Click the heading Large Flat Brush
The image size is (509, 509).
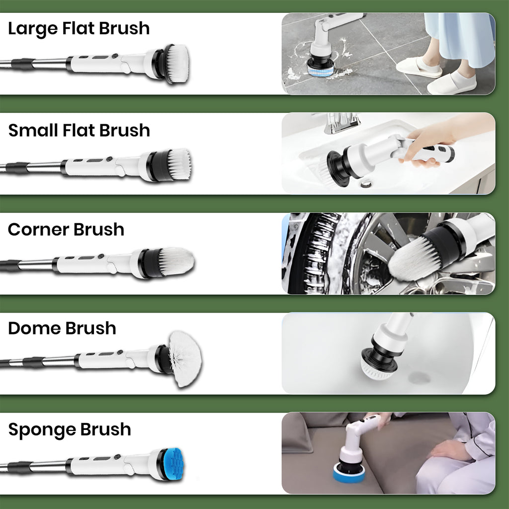click(x=79, y=28)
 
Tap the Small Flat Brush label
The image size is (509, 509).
click(x=79, y=130)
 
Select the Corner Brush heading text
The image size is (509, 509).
click(x=66, y=230)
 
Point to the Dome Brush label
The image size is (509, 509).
click(x=62, y=328)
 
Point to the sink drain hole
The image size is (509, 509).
click(x=366, y=184)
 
